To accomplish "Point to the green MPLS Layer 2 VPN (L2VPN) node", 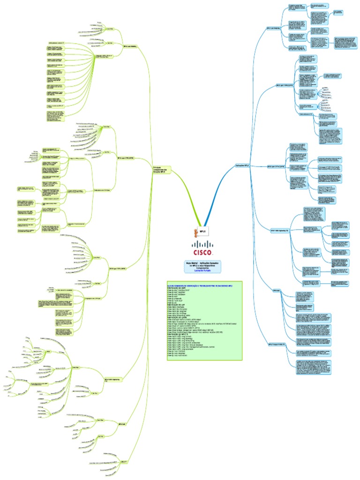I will click(x=118, y=269).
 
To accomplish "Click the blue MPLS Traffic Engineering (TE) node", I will click(x=279, y=231).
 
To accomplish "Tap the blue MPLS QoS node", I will click(x=276, y=291).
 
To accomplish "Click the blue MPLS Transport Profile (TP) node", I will click(x=277, y=345).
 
